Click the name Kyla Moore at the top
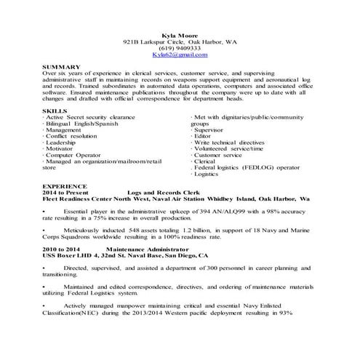[180, 35]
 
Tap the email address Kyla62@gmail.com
[180, 55]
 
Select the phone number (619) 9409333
[180, 48]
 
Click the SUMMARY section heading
[63, 67]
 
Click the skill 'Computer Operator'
[73, 155]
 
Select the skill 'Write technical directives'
[228, 143]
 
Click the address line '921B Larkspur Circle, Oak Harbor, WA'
[180, 41]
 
